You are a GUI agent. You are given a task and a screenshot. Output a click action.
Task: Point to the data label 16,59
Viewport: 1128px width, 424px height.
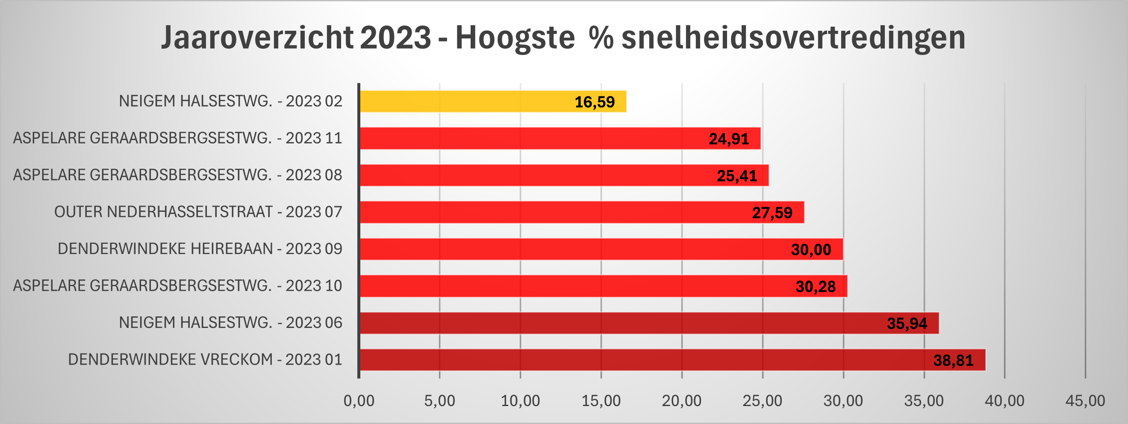pyautogui.click(x=594, y=102)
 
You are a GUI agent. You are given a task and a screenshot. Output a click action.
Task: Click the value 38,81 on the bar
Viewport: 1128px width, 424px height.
pyautogui.click(x=953, y=360)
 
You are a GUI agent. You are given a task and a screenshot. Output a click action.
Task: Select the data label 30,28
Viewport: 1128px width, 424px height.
pyautogui.click(x=816, y=287)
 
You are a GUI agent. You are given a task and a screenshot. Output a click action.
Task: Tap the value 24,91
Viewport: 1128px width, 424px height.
pyautogui.click(x=729, y=139)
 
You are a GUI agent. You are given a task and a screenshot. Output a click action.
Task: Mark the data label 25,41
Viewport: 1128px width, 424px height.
pyautogui.click(x=736, y=176)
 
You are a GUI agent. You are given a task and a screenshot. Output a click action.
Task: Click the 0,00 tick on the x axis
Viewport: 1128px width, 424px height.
pyautogui.click(x=359, y=401)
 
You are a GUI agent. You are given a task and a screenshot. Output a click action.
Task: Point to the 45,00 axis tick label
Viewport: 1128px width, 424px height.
pyautogui.click(x=1085, y=401)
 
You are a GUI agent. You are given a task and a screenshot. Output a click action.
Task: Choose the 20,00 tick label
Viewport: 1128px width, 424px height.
pyautogui.click(x=681, y=401)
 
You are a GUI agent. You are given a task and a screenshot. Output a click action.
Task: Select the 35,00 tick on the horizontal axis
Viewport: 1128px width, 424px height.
pyautogui.click(x=924, y=401)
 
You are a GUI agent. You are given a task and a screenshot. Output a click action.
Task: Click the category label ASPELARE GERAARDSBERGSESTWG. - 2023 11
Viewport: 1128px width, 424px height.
pyautogui.click(x=177, y=138)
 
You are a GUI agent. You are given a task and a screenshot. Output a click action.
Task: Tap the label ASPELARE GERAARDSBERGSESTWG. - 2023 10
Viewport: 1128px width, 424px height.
pyautogui.click(x=177, y=286)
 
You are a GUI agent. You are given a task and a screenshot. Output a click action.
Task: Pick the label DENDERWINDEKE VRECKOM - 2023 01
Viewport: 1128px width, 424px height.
pyautogui.click(x=204, y=360)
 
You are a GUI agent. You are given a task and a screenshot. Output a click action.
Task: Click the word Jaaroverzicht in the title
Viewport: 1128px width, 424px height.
pyautogui.click(x=257, y=38)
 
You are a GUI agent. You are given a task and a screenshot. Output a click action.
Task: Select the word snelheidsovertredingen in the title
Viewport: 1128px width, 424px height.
pyautogui.click(x=793, y=38)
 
